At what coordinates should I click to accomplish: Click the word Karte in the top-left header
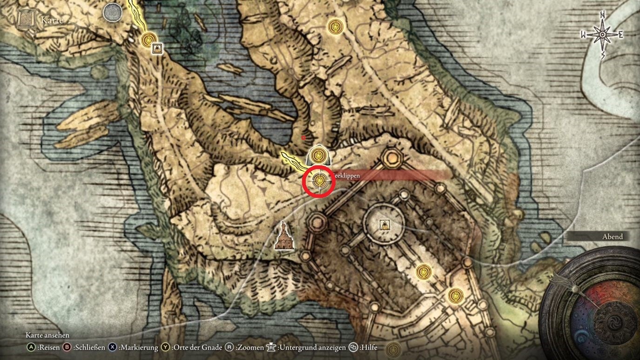click(52, 20)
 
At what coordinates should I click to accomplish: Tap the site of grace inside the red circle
click(319, 180)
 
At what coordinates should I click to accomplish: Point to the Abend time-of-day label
click(613, 237)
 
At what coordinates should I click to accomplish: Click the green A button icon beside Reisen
click(31, 347)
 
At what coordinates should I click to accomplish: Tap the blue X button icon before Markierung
click(113, 347)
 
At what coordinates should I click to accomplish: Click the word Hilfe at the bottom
click(368, 347)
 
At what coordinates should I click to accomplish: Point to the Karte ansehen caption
click(47, 335)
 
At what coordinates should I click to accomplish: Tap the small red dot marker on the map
click(303, 137)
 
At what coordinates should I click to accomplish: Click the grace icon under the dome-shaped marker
click(319, 154)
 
